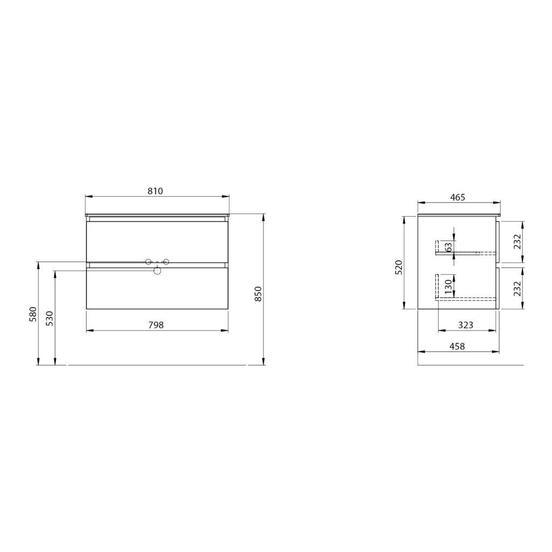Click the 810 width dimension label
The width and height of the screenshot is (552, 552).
[x=155, y=191]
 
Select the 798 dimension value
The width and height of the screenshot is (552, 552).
[x=156, y=325]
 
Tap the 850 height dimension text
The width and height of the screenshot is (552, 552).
[x=258, y=294]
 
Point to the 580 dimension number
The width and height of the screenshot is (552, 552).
[x=33, y=314]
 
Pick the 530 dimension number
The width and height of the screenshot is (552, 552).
[x=50, y=318]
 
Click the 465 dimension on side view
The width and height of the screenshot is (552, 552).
[x=458, y=197]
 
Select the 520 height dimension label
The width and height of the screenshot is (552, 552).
[x=398, y=267]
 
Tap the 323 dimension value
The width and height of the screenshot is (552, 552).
[x=465, y=325]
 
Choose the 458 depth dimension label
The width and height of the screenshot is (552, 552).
[x=457, y=347]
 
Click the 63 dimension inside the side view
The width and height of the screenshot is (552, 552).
[x=448, y=247]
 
